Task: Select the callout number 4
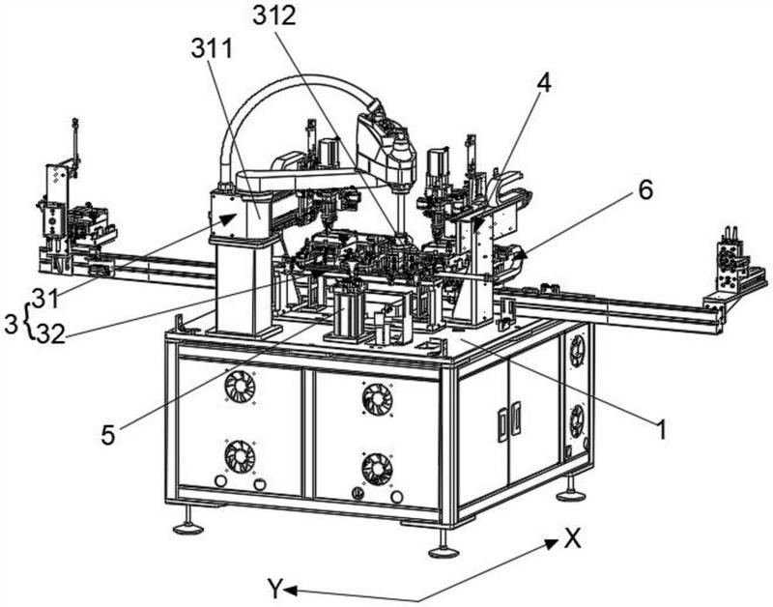[545, 84]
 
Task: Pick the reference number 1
[661, 431]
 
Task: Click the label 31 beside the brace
[45, 296]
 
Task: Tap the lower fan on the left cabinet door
[239, 454]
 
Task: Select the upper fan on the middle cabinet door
[376, 398]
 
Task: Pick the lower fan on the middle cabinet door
[376, 469]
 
